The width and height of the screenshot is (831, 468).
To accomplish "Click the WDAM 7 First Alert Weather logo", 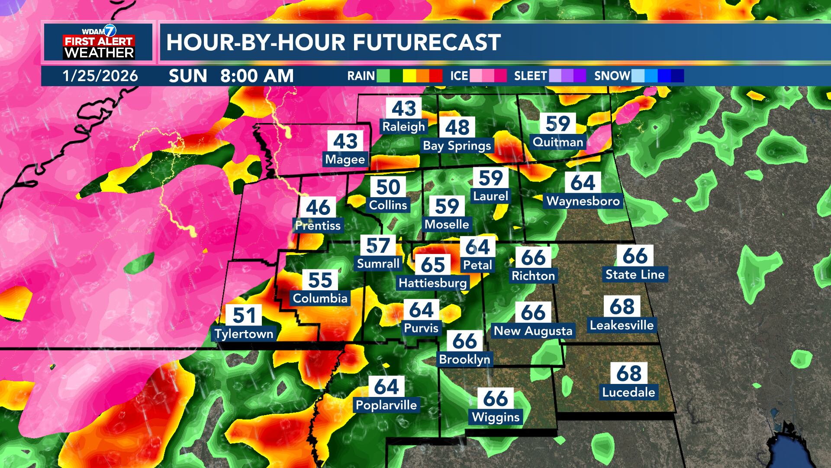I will click(99, 42).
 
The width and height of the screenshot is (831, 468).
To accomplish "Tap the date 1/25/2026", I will click(100, 76).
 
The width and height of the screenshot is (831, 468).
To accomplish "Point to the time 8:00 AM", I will click(257, 76).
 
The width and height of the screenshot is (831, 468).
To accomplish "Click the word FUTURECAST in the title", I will click(426, 42).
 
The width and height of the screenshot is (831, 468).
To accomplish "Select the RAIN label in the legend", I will click(361, 76).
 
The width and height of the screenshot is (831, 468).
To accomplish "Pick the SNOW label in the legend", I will click(612, 76).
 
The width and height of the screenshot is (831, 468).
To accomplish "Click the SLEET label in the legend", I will click(530, 76).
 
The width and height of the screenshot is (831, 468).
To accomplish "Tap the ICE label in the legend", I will click(459, 76).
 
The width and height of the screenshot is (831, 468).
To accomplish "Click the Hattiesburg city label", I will click(433, 283).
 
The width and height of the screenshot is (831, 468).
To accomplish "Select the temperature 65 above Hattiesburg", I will click(433, 264).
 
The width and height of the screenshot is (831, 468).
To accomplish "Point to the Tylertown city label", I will click(244, 334).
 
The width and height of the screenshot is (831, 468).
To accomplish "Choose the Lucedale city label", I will click(628, 392).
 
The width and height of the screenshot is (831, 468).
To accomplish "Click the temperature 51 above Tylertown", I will click(244, 315).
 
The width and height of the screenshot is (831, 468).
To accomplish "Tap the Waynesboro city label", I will click(583, 201).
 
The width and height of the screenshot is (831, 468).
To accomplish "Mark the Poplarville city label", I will click(387, 405).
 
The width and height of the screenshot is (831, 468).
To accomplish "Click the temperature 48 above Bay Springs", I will click(457, 127).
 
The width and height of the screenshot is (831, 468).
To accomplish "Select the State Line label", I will click(635, 274).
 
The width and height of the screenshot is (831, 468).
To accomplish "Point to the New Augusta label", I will click(533, 331).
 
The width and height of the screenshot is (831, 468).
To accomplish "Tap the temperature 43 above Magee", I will click(345, 141).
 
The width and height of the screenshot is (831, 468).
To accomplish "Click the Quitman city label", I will click(558, 142).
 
